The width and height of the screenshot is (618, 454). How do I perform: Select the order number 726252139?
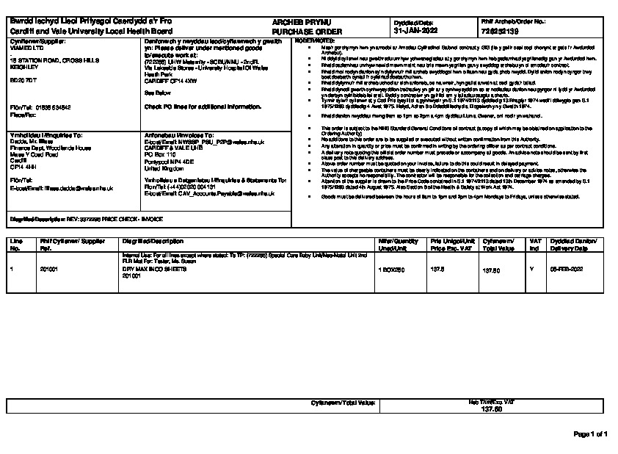502,32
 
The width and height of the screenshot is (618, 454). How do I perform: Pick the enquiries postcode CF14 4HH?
22,167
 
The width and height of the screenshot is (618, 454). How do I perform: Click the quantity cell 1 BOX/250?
392,270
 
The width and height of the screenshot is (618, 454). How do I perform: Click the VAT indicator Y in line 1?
531,270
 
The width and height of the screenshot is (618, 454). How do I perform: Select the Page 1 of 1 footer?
590,433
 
